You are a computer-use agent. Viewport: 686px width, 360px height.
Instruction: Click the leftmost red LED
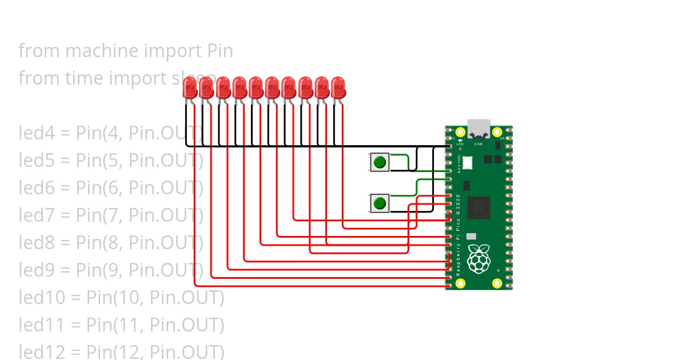coord(190,88)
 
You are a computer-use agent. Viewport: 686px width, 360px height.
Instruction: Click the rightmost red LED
coord(338,88)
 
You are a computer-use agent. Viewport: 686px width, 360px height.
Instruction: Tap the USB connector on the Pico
coord(479,129)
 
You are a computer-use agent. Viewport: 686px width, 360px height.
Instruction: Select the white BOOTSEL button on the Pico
coord(468,162)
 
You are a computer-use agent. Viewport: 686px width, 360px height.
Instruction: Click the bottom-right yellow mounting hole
coord(497,282)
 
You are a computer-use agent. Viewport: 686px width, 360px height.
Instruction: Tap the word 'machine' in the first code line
coord(91,51)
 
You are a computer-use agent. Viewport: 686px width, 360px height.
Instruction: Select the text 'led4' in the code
coord(35,133)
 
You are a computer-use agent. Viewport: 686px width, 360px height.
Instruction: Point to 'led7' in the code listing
coord(35,215)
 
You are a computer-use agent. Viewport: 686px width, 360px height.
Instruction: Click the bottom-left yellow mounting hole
coord(461,282)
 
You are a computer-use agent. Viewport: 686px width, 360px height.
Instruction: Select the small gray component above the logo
coord(471,236)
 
